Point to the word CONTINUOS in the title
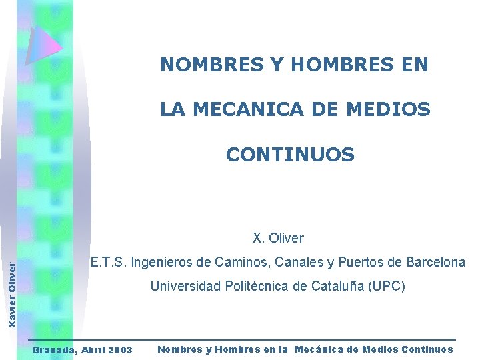pos(290,155)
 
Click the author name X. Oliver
pos(278,238)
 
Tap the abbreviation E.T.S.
pos(109,262)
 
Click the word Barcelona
pos(435,262)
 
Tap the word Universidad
pos(183,287)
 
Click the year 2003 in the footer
pos(119,350)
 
